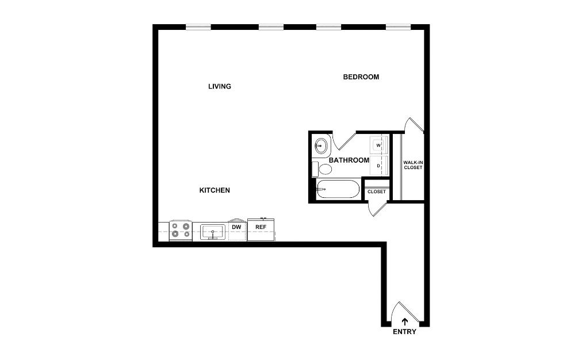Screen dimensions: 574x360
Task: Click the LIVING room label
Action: pyautogui.click(x=220, y=86)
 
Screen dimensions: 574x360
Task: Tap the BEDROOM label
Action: pyautogui.click(x=361, y=77)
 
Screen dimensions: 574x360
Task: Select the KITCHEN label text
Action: pyautogui.click(x=215, y=190)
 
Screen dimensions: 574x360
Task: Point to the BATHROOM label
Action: pyautogui.click(x=349, y=160)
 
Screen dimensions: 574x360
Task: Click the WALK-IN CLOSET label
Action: pyautogui.click(x=413, y=165)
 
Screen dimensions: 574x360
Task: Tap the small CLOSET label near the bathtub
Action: pyautogui.click(x=377, y=192)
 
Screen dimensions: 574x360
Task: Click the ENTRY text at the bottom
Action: pyautogui.click(x=404, y=332)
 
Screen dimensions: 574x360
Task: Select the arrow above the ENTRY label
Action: pyautogui.click(x=404, y=321)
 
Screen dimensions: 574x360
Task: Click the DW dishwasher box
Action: pyautogui.click(x=237, y=230)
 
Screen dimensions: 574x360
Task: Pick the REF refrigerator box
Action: pyautogui.click(x=261, y=230)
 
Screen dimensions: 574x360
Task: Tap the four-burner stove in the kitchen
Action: pyautogui.click(x=181, y=231)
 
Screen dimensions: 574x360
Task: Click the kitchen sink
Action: pyautogui.click(x=213, y=232)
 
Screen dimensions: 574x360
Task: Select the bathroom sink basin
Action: pyautogui.click(x=321, y=146)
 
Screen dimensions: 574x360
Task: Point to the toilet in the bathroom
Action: pyautogui.click(x=322, y=169)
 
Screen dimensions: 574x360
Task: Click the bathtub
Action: pyautogui.click(x=338, y=189)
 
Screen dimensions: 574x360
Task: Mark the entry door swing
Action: pyautogui.click(x=404, y=312)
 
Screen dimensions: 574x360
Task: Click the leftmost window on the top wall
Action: pyautogui.click(x=198, y=26)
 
